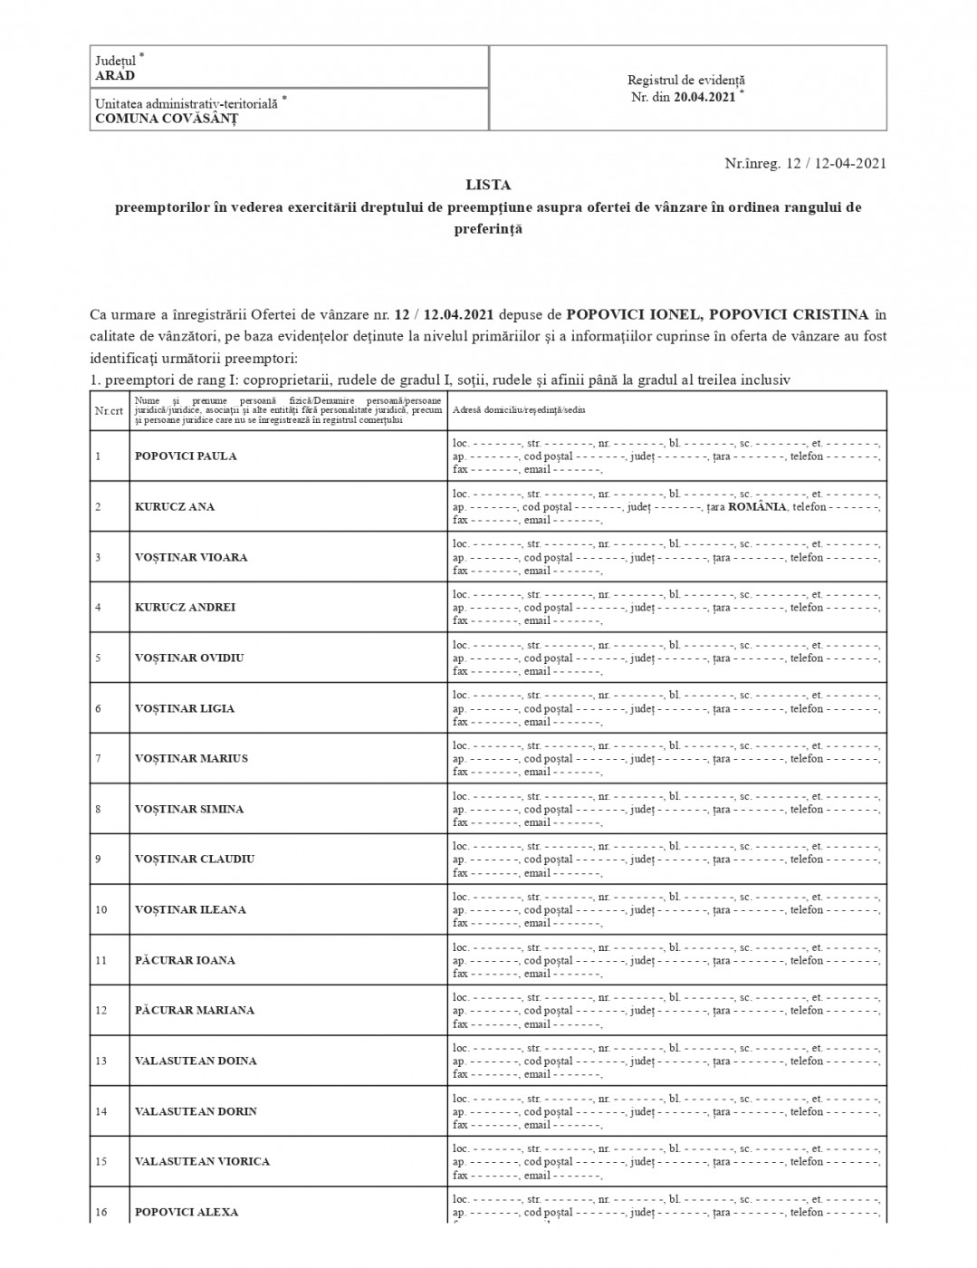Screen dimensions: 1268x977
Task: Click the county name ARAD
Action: pos(115,76)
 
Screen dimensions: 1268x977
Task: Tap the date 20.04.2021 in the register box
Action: pos(704,98)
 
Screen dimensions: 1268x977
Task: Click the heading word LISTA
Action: pos(488,185)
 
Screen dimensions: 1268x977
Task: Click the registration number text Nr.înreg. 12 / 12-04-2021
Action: pos(805,163)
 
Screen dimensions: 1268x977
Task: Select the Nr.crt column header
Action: pos(109,410)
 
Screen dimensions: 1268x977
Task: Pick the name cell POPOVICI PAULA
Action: pos(186,456)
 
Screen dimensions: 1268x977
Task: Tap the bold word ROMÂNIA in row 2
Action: pos(757,507)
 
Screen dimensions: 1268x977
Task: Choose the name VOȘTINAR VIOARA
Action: pos(191,558)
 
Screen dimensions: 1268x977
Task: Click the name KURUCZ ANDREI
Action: pos(185,608)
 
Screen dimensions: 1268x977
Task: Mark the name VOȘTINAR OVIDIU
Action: pos(189,658)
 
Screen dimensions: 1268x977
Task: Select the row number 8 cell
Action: pos(99,810)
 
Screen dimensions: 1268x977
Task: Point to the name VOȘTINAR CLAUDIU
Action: pos(195,860)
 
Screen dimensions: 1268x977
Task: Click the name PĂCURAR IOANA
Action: pos(185,961)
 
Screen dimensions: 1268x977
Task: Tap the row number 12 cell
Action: pos(101,1011)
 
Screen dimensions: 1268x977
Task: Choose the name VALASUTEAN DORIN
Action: pos(196,1112)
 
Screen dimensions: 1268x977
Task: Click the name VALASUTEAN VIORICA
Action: pos(202,1162)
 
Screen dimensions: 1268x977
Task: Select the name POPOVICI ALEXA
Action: pos(187,1213)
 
